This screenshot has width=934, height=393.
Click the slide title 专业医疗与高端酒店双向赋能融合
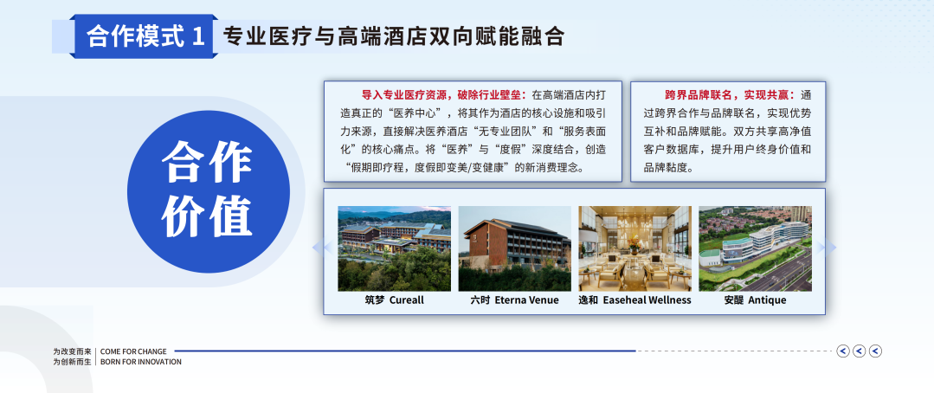[393, 37]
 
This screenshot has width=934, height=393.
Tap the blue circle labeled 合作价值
[209, 191]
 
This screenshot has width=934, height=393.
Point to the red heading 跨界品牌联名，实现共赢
[730, 94]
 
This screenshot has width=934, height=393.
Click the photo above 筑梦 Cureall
[395, 248]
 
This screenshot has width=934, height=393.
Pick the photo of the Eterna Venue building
[515, 248]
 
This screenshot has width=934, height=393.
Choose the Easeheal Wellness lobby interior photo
[635, 248]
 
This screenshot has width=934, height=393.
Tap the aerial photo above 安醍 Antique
[756, 248]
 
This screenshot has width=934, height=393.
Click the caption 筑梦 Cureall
[395, 300]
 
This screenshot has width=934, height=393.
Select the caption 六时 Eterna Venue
[515, 300]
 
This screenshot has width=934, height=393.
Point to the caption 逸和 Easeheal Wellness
[635, 300]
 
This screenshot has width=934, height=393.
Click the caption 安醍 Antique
[756, 300]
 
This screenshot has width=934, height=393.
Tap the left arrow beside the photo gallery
[322, 247]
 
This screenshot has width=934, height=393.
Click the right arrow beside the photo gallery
[828, 247]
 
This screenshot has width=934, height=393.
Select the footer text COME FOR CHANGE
[133, 351]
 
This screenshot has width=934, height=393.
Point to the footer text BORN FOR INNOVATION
[141, 362]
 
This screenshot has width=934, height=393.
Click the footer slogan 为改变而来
[72, 351]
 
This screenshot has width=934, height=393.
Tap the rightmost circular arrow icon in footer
[875, 351]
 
